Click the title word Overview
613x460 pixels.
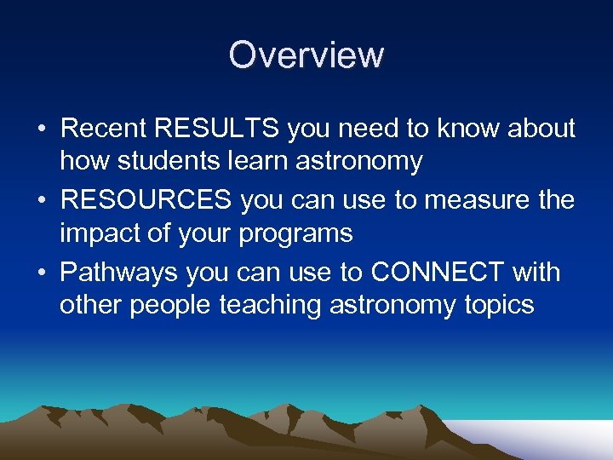click(306, 55)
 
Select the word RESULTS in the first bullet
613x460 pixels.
click(218, 129)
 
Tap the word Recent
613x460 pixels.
click(104, 129)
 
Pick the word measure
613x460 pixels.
click(466, 201)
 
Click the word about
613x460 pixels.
click(538, 129)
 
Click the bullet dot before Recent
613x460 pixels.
click(41, 129)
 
